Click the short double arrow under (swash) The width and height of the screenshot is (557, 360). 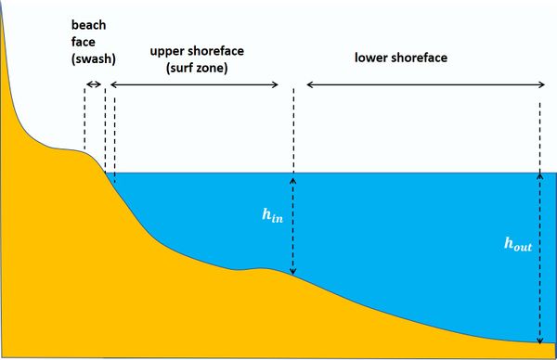94,84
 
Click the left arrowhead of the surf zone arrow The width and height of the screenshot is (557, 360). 117,84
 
